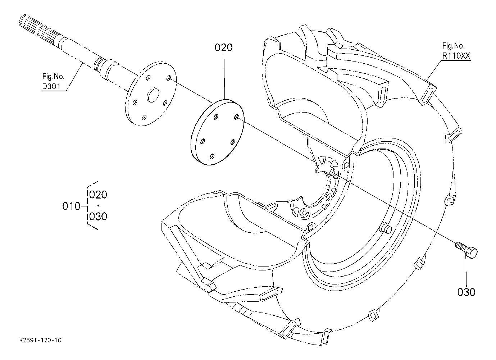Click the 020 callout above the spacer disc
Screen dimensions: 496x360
224,47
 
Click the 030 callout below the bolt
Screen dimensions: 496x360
467,292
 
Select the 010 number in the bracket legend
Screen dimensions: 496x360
71,206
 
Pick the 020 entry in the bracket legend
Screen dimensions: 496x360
98,195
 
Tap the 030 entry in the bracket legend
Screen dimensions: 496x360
98,216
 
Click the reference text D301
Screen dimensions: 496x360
51,86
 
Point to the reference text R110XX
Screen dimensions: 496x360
456,56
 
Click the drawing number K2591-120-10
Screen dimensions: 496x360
40,340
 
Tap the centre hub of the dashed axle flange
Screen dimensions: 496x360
153,95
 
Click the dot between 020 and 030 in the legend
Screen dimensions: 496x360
98,206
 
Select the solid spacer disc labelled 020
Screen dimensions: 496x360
218,132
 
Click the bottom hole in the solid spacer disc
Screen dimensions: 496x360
212,156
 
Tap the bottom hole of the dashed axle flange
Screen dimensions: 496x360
144,117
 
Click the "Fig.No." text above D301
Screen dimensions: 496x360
53,77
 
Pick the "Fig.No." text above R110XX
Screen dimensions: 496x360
454,46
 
